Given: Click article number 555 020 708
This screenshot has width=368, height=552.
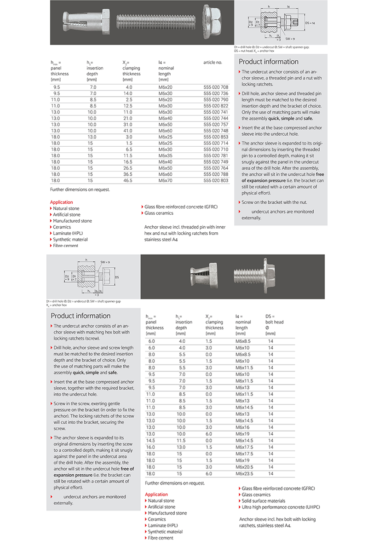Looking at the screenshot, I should [216, 87].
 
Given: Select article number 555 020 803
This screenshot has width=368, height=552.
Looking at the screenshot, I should [216, 181].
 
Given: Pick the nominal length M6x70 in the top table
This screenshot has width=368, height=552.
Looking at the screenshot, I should [165, 181].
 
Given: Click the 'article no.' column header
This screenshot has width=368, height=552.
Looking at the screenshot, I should [213, 62].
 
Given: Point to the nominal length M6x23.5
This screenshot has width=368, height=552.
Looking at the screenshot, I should [244, 473].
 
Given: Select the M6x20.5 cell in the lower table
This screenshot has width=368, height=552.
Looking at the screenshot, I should [244, 466].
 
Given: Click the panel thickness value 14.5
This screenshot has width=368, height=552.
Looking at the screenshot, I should [150, 440].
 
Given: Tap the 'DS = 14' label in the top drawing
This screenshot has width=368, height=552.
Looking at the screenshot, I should [310, 23].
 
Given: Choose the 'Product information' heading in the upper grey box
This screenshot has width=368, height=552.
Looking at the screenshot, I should [269, 62].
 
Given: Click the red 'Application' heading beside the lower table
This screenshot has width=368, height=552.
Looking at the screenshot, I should [156, 494].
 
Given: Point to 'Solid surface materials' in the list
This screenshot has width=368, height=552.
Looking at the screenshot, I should [263, 501].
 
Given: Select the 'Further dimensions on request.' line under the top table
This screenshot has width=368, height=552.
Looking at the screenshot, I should [80, 189].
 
